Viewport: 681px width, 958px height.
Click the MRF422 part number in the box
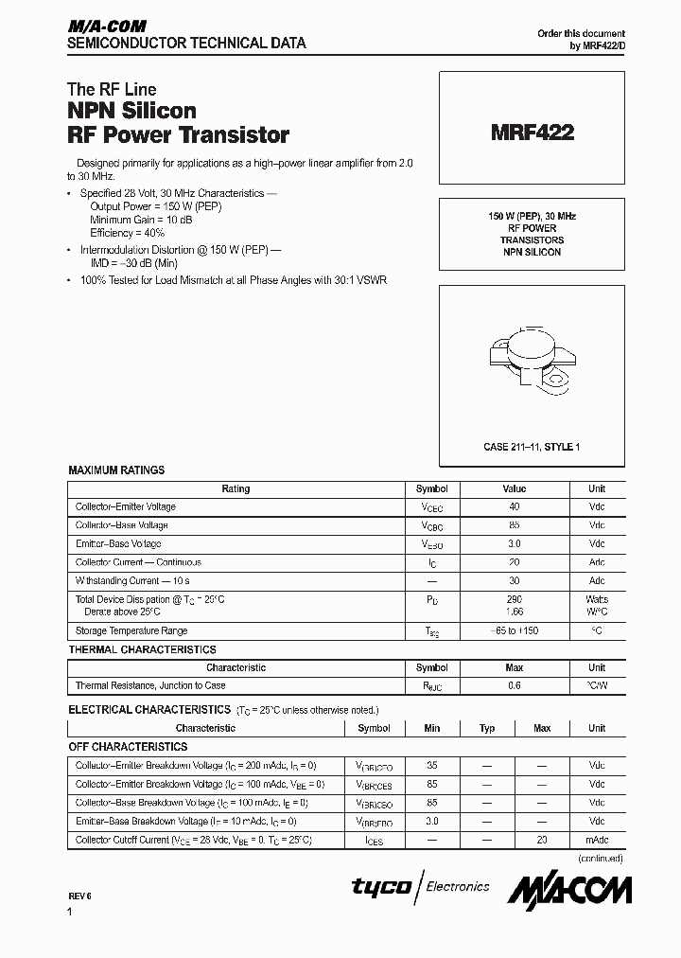tap(532, 133)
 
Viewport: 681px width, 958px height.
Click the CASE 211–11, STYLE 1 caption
tap(532, 447)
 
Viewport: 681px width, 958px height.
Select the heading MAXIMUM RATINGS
tap(116, 470)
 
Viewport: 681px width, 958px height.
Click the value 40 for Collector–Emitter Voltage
tap(514, 507)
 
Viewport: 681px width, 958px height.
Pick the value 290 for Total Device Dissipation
tap(514, 599)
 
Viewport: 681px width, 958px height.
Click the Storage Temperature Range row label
tap(131, 630)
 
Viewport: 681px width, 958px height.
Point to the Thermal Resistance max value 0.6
tap(514, 685)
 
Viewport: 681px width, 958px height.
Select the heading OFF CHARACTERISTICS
tap(128, 747)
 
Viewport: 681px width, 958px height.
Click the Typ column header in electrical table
tap(487, 728)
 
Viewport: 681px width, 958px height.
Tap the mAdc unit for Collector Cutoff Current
tap(597, 840)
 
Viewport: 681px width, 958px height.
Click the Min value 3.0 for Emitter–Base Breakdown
tap(432, 821)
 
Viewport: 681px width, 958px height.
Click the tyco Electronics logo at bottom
tap(421, 887)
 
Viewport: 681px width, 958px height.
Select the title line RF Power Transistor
tap(178, 134)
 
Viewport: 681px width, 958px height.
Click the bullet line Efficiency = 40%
tap(128, 232)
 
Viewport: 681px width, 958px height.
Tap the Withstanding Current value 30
tap(514, 580)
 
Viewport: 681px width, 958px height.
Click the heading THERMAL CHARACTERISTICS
tap(142, 649)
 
